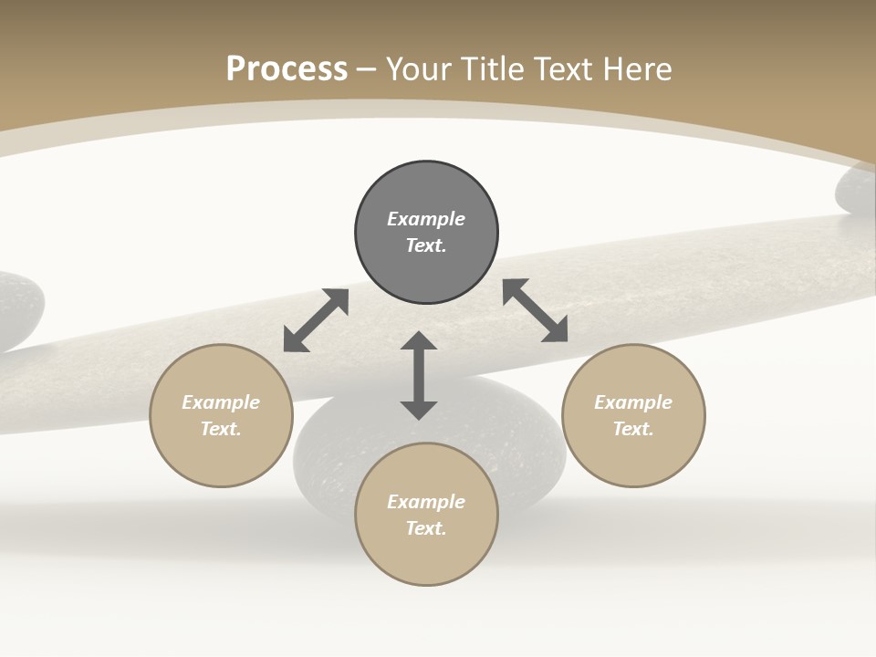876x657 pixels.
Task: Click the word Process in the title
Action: pos(287,69)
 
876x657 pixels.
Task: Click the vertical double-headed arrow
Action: pos(419,375)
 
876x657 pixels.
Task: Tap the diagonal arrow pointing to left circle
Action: pos(316,320)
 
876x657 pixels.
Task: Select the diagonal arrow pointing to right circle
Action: pos(536,310)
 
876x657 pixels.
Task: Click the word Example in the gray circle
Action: pos(426,219)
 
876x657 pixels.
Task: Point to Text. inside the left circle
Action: pos(221,429)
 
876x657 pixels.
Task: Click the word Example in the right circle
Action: pos(633,402)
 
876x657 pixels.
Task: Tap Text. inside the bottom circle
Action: pos(426,528)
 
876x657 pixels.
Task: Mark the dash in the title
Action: pos(367,69)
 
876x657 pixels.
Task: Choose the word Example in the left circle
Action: pos(221,402)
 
